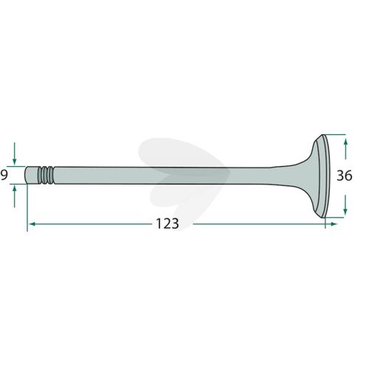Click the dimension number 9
tap(4, 176)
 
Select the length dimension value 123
tap(168, 224)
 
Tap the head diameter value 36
tap(345, 176)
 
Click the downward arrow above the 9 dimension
tap(15, 154)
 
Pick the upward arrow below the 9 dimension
tap(15, 196)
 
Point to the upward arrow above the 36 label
tap(345, 149)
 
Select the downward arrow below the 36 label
tap(345, 204)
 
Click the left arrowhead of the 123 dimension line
tap(32, 224)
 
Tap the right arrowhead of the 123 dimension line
tap(334, 224)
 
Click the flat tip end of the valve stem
tap(26, 176)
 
